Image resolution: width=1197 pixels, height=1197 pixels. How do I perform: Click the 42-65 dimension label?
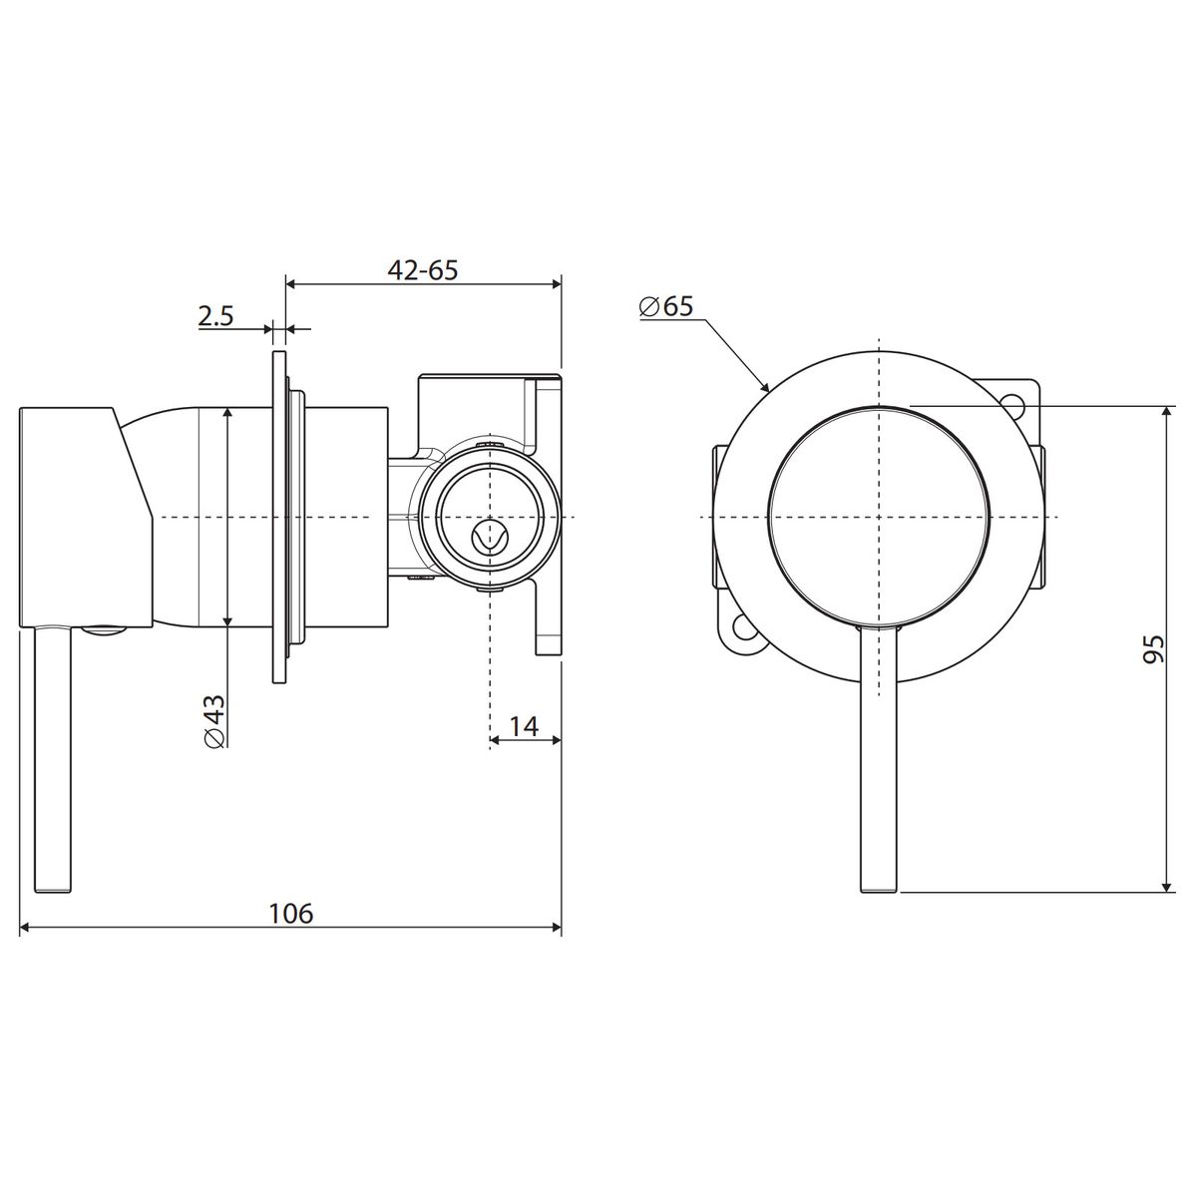(x=422, y=270)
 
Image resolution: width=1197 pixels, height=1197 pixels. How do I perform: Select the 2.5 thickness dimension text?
(x=215, y=316)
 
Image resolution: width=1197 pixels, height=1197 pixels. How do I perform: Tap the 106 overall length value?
(x=290, y=913)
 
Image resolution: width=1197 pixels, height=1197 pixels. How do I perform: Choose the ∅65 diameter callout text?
(x=666, y=306)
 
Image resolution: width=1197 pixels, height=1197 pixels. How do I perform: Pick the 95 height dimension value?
(x=1153, y=649)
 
